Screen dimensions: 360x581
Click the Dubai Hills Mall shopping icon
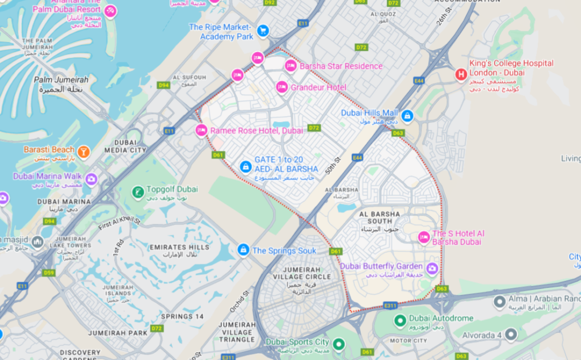pos(407,116)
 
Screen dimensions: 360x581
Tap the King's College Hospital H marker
pos(461,74)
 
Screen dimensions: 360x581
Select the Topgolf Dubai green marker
pos(137,192)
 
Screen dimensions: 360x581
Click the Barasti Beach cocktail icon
pos(83,151)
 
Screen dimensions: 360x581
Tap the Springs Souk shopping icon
pos(243,249)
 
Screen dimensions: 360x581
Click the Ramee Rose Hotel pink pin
pos(201,130)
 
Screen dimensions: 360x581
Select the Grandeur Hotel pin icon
pos(281,87)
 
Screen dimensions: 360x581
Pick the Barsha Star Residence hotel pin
pos(290,66)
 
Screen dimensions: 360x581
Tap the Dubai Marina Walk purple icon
pos(91,180)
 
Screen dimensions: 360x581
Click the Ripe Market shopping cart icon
pos(262,31)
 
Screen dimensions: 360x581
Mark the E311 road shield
pos(390,306)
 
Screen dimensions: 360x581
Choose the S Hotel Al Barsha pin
pos(423,238)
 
